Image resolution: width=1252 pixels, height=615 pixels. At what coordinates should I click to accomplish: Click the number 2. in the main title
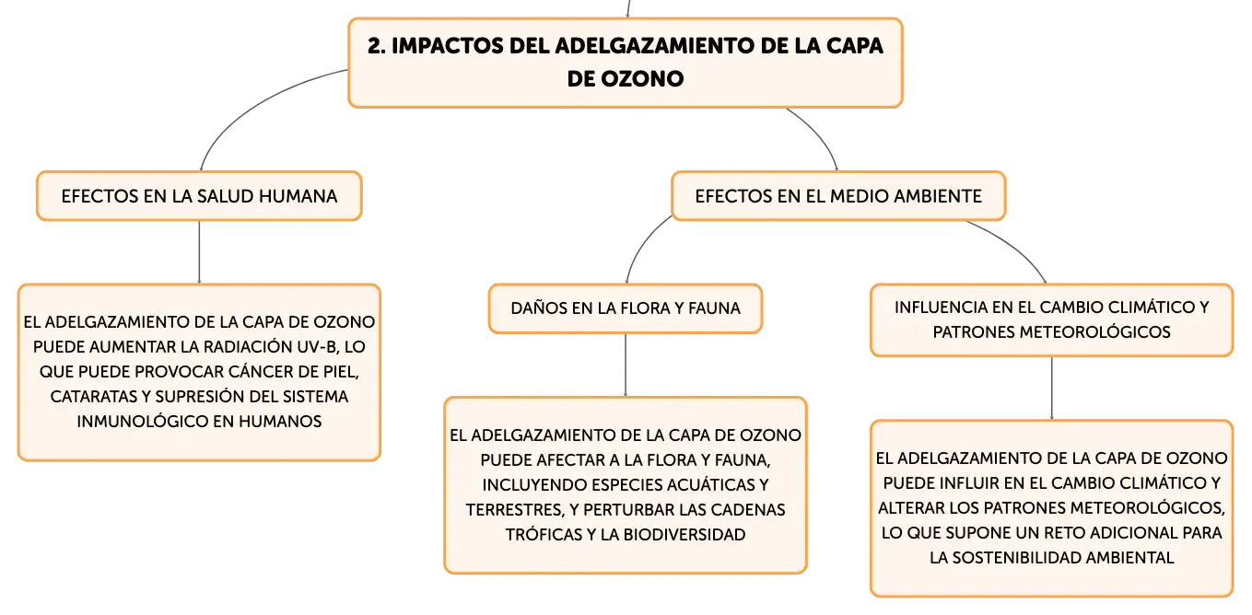click(x=376, y=46)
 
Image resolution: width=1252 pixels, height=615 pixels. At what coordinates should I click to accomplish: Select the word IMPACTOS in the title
click(x=448, y=46)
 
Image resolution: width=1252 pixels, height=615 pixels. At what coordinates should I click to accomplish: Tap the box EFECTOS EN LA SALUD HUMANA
click(x=200, y=196)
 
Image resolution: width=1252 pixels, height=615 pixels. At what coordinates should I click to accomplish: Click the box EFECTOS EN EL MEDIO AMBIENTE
click(x=838, y=196)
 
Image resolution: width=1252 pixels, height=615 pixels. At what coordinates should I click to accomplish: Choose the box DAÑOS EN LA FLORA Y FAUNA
click(x=626, y=308)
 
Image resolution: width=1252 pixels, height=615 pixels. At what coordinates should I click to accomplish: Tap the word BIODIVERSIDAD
click(x=685, y=535)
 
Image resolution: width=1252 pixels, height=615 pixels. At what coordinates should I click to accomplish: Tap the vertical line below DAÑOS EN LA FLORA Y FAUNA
click(x=626, y=366)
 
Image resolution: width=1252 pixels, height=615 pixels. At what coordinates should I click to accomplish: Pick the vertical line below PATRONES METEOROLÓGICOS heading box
click(x=1052, y=389)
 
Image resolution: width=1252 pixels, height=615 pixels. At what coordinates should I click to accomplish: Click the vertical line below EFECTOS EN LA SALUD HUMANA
click(x=200, y=252)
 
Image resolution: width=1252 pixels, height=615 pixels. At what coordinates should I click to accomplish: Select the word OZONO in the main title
click(x=642, y=79)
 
